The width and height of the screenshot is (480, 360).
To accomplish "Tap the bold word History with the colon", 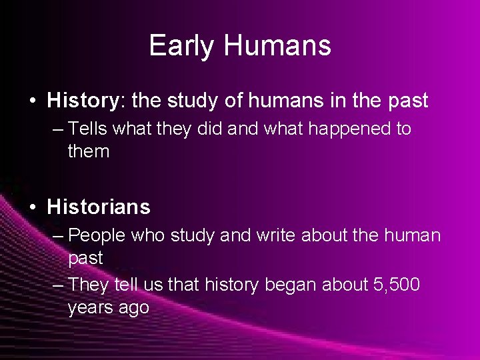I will (x=85, y=101).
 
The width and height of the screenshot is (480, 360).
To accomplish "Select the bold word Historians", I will (x=99, y=207).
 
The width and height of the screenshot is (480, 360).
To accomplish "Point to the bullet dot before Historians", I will (x=32, y=207).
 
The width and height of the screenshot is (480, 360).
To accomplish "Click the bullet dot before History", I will (x=32, y=101).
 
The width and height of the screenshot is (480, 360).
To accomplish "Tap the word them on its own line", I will (x=88, y=151).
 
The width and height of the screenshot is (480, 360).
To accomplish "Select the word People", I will (x=98, y=235).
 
